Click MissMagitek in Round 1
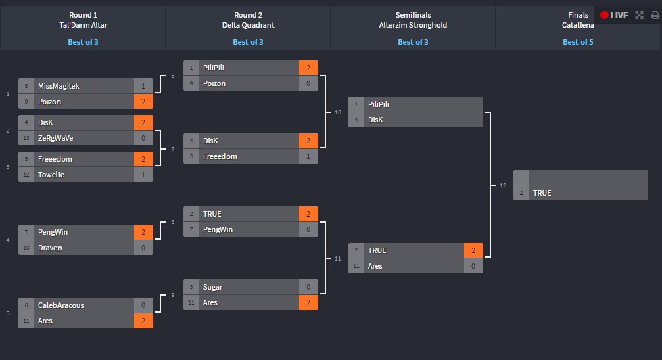pos(59,86)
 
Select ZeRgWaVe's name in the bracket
pos(55,138)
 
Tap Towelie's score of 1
pos(143,175)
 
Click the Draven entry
pos(50,248)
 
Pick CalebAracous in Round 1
pos(62,305)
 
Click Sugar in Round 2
pos(212,287)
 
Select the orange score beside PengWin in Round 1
pos(143,232)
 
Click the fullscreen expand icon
pos(639,15)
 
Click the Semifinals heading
pos(412,15)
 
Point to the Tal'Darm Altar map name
pos(82,25)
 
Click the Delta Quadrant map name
pos(247,25)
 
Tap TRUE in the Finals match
pos(542,193)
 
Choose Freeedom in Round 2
pos(220,156)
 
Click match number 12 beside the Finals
pos(502,185)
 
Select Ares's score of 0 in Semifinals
pos(473,266)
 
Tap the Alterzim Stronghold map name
pos(412,25)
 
